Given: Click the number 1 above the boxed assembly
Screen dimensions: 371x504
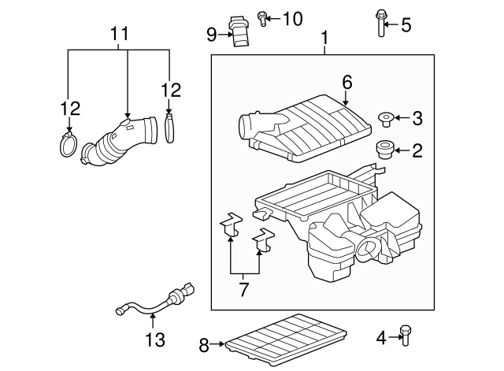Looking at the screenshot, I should (x=324, y=38).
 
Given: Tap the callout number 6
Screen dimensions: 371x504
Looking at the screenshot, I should (x=346, y=81).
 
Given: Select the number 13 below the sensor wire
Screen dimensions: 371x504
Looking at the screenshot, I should (x=155, y=339).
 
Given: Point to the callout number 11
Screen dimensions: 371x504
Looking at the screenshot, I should (x=118, y=35).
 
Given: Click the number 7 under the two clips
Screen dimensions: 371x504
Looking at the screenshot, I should (x=243, y=289).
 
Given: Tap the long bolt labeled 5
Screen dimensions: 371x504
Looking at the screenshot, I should (x=382, y=24).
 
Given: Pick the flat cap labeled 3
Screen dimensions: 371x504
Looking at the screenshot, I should (x=386, y=119).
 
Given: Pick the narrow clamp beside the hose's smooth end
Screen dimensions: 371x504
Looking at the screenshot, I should (x=170, y=128).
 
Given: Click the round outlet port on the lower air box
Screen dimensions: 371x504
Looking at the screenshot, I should (x=367, y=252).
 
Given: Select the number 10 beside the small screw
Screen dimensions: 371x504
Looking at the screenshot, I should (x=292, y=18).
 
